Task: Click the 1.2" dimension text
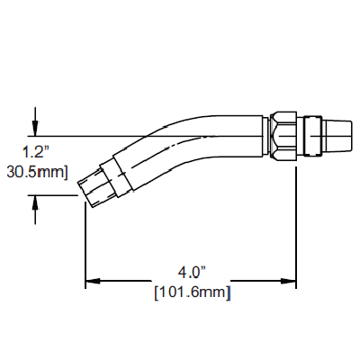pos(36,153)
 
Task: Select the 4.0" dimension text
pos(192,273)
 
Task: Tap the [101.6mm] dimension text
pos(193,292)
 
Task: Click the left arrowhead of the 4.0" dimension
pos(93,281)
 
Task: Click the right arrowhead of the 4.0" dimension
pos(289,281)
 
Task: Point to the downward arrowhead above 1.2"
pos(35,129)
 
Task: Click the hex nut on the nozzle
pos(283,136)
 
